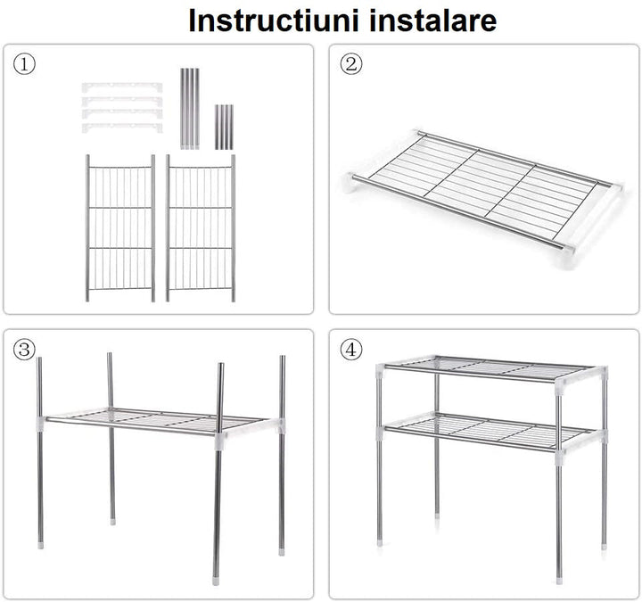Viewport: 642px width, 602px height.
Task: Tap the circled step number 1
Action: [x=25, y=64]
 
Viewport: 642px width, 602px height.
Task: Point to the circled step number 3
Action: [x=25, y=350]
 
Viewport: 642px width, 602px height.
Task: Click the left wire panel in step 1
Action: [x=120, y=228]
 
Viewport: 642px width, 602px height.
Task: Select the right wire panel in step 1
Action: [x=201, y=228]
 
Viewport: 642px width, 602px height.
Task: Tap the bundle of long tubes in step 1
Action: [x=191, y=108]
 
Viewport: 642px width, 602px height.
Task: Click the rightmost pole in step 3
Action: [x=282, y=446]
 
